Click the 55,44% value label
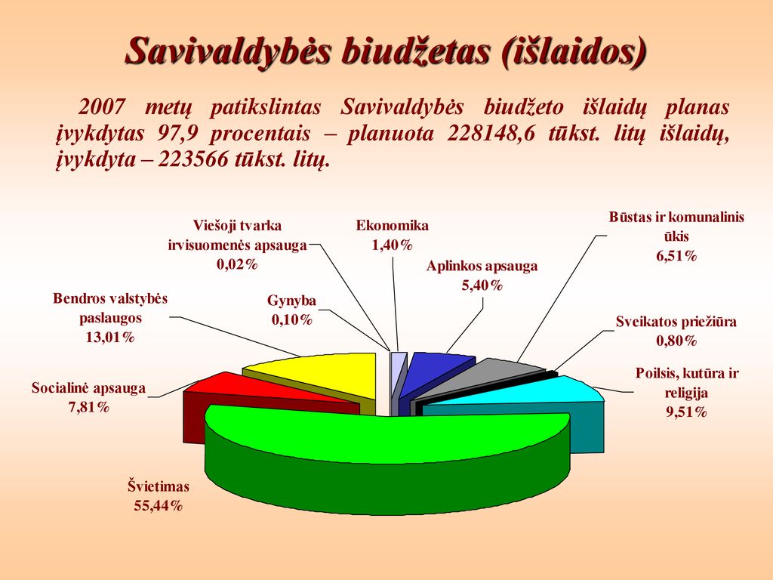(x=159, y=505)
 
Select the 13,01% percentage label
(x=110, y=338)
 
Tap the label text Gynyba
(x=292, y=301)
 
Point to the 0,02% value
(x=238, y=264)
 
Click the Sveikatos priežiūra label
(x=676, y=322)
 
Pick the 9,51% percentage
(x=686, y=412)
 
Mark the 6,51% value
(x=676, y=256)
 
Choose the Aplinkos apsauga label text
(x=482, y=267)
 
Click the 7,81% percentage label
(x=89, y=407)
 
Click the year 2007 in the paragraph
(x=102, y=107)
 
